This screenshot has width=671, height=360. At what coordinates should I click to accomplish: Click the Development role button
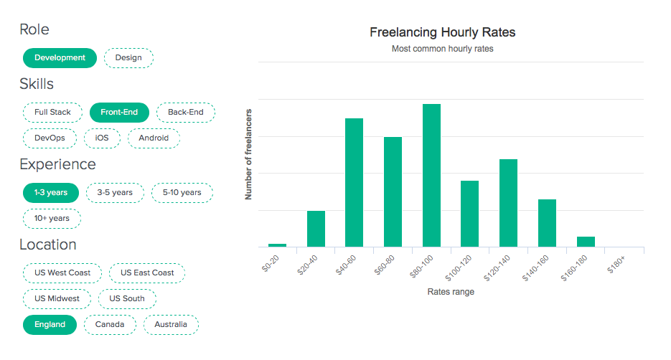pyautogui.click(x=60, y=58)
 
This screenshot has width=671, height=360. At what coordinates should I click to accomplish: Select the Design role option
pyautogui.click(x=128, y=58)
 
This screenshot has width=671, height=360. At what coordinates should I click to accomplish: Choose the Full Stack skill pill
pyautogui.click(x=52, y=113)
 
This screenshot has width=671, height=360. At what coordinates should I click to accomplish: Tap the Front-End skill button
pyautogui.click(x=119, y=113)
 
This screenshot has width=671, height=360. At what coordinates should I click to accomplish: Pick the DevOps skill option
pyautogui.click(x=50, y=138)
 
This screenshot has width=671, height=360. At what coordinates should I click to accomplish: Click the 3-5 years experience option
pyautogui.click(x=115, y=193)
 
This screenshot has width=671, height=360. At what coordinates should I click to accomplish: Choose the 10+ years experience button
pyautogui.click(x=52, y=219)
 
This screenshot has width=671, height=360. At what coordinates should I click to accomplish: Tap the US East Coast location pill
pyautogui.click(x=147, y=273)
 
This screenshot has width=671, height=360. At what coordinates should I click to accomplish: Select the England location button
pyautogui.click(x=50, y=325)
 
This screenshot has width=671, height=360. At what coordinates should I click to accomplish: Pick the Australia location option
pyautogui.click(x=171, y=325)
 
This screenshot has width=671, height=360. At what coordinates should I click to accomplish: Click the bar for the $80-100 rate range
pyautogui.click(x=431, y=175)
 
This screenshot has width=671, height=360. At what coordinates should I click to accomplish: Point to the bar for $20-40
pyautogui.click(x=316, y=229)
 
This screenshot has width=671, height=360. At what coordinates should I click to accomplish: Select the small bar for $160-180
pyautogui.click(x=586, y=242)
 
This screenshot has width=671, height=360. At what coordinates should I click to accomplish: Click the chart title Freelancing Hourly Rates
pyautogui.click(x=442, y=32)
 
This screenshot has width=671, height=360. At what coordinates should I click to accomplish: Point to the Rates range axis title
pyautogui.click(x=451, y=292)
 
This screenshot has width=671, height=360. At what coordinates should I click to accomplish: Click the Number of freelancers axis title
pyautogui.click(x=249, y=154)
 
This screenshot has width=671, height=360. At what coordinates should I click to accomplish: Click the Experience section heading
pyautogui.click(x=57, y=164)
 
